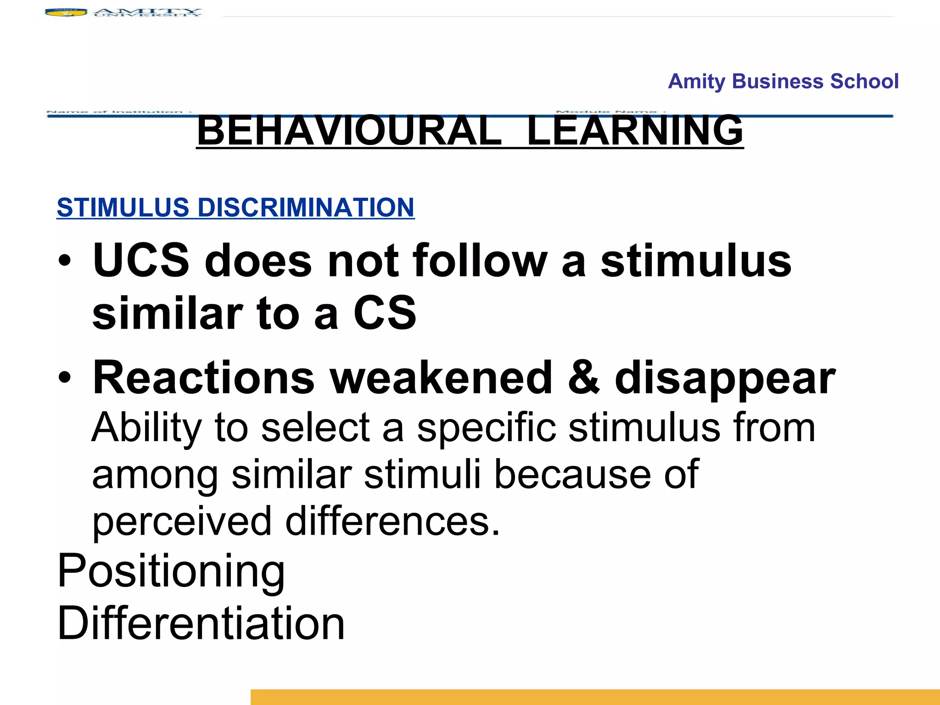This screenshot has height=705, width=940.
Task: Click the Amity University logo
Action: [123, 12]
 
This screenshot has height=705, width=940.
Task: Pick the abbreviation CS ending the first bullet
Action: [385, 313]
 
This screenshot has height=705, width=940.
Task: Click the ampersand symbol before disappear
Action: [583, 378]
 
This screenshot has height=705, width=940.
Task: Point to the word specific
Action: [486, 428]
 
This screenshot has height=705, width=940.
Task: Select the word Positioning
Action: [171, 572]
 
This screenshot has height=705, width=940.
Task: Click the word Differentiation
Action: [201, 623]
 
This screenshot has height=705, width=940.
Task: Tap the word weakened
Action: [441, 378]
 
